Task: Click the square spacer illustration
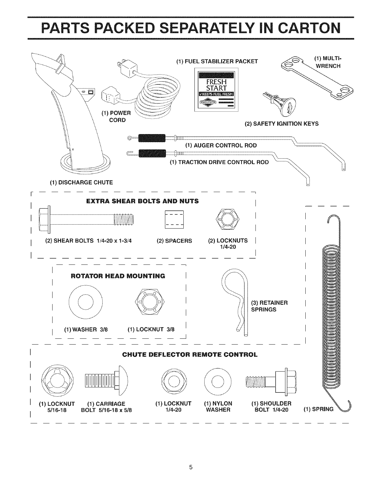tap(174, 220)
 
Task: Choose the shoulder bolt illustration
tap(272, 381)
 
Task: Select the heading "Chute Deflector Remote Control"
tap(190, 355)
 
